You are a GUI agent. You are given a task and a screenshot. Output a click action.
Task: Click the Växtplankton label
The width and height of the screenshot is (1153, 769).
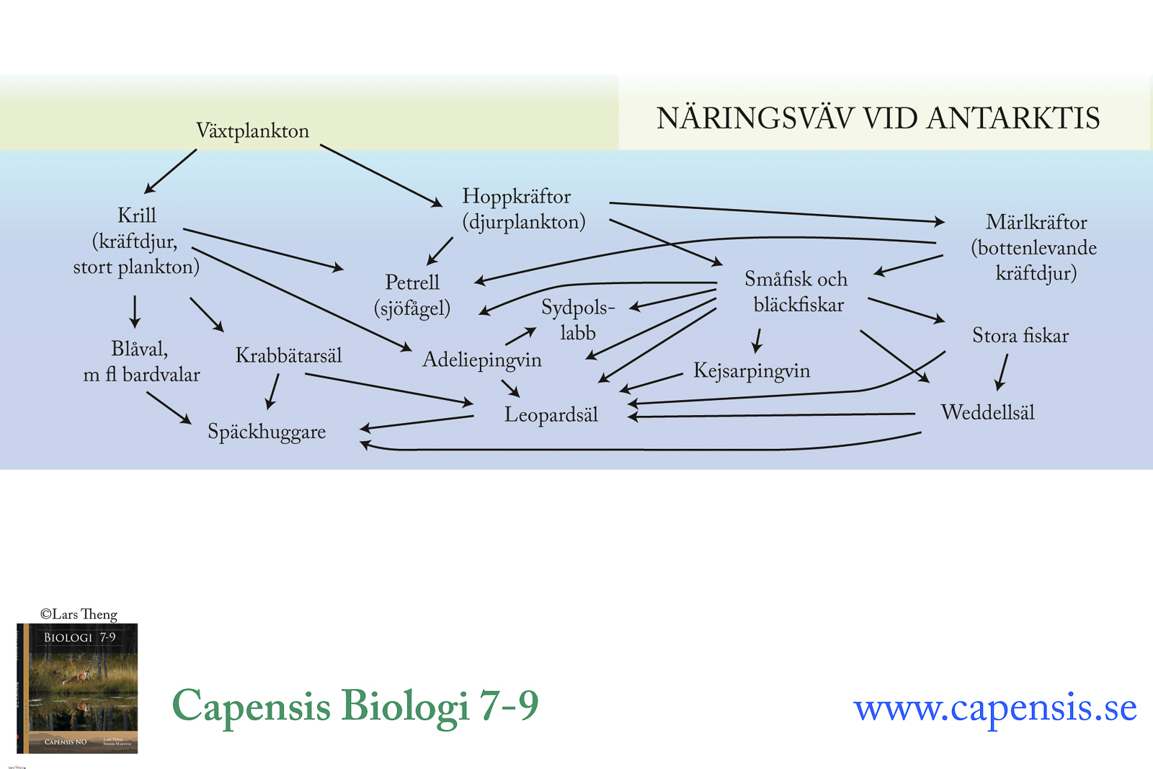pyautogui.click(x=252, y=130)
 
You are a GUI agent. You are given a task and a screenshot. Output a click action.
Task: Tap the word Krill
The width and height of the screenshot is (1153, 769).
pyautogui.click(x=137, y=215)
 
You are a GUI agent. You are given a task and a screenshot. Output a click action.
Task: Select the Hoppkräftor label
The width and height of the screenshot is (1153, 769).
pyautogui.click(x=516, y=196)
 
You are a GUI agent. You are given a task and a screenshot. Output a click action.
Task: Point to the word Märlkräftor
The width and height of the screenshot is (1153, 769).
pyautogui.click(x=1036, y=222)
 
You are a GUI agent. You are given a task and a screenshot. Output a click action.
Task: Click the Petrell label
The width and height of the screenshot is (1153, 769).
pyautogui.click(x=412, y=282)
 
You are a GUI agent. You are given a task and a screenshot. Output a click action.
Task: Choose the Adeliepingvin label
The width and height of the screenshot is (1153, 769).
pyautogui.click(x=481, y=359)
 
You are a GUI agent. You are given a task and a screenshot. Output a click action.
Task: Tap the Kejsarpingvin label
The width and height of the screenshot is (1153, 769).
pyautogui.click(x=752, y=370)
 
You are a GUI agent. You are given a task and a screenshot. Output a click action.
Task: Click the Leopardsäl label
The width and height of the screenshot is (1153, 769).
pyautogui.click(x=551, y=414)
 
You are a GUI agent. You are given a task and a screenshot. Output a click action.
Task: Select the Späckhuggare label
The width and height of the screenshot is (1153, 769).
pyautogui.click(x=267, y=432)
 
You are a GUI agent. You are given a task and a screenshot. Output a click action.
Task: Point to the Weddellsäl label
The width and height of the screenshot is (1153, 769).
pyautogui.click(x=987, y=412)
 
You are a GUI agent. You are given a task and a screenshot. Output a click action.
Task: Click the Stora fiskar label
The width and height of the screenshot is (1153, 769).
pyautogui.click(x=1020, y=335)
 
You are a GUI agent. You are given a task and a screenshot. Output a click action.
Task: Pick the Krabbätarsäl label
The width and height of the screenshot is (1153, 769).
pyautogui.click(x=288, y=355)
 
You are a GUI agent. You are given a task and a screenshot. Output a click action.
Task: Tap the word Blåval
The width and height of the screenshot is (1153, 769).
pyautogui.click(x=139, y=349)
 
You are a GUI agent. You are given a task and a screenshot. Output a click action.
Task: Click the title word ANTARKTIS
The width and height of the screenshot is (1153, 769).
pyautogui.click(x=1012, y=118)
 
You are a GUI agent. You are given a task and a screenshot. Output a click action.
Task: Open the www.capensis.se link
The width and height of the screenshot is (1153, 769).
pyautogui.click(x=994, y=707)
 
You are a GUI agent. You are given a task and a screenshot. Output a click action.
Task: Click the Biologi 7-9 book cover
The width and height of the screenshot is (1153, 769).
pyautogui.click(x=77, y=688)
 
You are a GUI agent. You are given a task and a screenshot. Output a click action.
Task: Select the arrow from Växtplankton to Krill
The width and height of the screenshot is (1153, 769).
pyautogui.click(x=170, y=172)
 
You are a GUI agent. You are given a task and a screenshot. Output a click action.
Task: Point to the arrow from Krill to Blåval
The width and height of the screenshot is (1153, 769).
pyautogui.click(x=135, y=311)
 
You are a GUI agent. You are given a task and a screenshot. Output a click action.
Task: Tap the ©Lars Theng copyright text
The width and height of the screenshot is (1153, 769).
pyautogui.click(x=79, y=614)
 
